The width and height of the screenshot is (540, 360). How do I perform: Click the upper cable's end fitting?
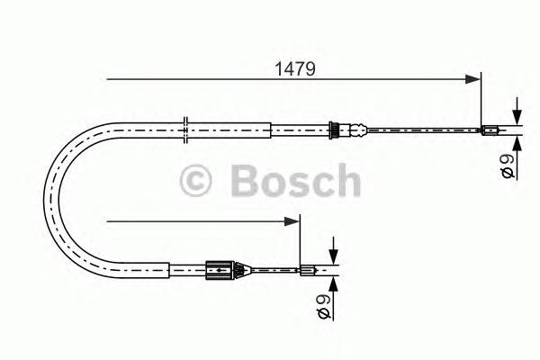[490, 130]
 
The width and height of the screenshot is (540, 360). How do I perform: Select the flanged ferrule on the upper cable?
[335, 130]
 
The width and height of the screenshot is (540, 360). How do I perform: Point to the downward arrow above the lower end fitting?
[332, 255]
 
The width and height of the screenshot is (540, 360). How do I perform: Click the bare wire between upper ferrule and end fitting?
[414, 130]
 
